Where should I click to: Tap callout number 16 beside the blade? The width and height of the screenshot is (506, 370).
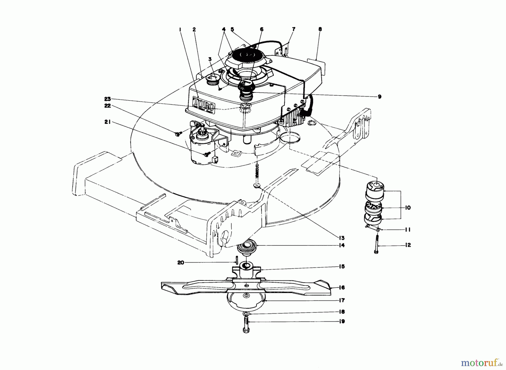342,288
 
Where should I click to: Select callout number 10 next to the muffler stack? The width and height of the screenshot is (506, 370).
408,208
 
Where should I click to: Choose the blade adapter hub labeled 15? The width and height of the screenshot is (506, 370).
247,270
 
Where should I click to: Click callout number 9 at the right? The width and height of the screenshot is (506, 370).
379,96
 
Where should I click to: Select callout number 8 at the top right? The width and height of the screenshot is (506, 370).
320,29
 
